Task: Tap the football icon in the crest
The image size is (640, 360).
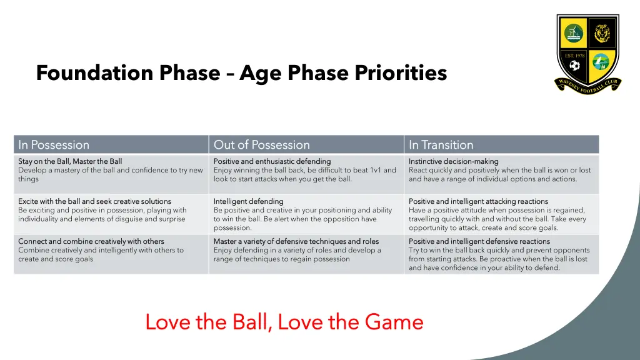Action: pos(574,65)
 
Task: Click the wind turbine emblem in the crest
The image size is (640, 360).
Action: pos(573,32)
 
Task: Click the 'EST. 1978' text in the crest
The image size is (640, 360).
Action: pos(574,56)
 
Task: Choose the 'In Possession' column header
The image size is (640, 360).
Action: pos(54,145)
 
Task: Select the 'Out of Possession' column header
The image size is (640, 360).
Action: pos(261,145)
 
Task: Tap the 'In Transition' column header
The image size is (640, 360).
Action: pos(441,145)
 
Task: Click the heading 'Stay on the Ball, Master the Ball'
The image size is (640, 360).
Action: pos(70,161)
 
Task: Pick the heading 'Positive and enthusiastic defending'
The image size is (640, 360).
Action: pos(272,161)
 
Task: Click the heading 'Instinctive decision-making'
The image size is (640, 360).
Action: pos(453,161)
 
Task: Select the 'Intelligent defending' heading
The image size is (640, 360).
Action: pos(248,201)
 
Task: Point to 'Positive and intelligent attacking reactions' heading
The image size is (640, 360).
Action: pos(478,201)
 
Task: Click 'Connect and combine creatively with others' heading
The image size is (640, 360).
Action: pos(91,241)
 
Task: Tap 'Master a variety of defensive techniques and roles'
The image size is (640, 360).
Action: pos(296,241)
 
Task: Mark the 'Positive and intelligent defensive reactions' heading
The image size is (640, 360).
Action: pos(479,241)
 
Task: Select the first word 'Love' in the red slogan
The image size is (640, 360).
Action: pos(167,322)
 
